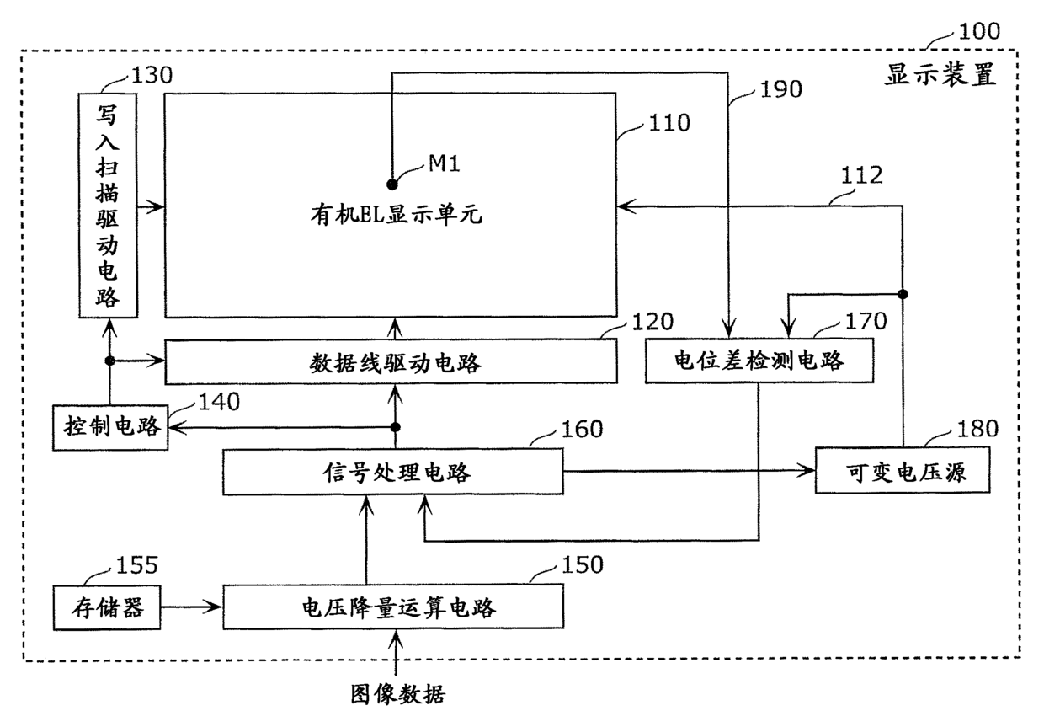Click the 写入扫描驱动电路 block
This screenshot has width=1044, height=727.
coord(108,206)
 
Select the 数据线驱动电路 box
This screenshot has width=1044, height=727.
coord(391,361)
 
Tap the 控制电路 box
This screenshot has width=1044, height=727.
coord(110,427)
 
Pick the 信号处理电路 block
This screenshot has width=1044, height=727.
coord(393,472)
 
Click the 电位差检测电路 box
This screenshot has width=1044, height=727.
coord(759,361)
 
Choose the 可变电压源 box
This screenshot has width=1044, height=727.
coord(903,470)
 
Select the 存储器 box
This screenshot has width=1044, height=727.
coord(107,607)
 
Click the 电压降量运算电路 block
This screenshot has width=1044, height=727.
coord(393,607)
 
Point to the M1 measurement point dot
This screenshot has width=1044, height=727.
coord(392,184)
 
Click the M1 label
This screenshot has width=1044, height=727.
coord(444,163)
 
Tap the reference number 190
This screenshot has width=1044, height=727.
coord(781,89)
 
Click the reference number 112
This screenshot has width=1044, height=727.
coord(861,175)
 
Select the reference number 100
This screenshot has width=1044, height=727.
coord(979,31)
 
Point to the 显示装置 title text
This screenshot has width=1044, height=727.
coord(940,75)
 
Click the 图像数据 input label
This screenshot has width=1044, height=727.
coord(397,694)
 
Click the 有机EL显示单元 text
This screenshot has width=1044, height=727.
coord(397,215)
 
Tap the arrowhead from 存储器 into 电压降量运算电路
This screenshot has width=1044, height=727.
coord(215,607)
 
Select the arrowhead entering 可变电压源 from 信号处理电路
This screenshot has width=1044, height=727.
coord(807,470)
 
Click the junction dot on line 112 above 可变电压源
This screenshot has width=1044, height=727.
coord(903,294)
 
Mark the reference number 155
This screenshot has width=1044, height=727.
coord(136,565)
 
